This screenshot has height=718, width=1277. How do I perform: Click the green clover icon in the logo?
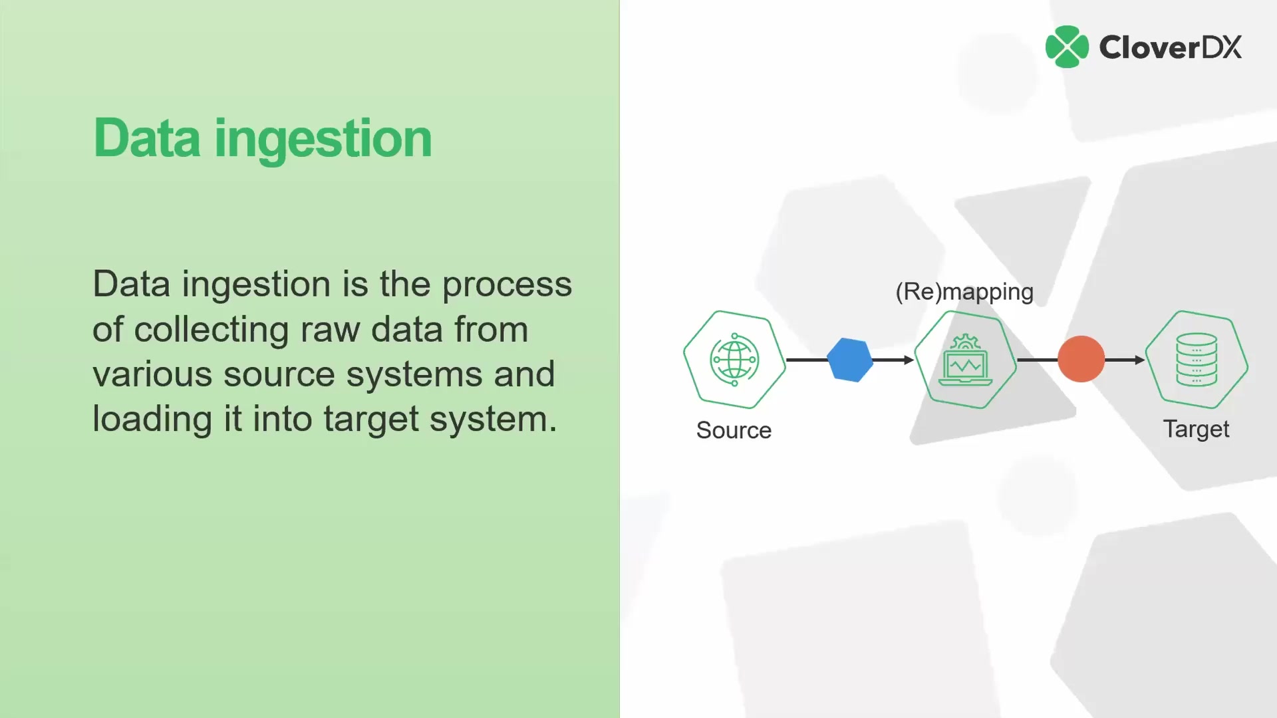coord(1067,47)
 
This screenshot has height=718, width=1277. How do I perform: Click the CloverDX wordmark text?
coord(1170,47)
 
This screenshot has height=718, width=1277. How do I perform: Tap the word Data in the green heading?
coord(146,138)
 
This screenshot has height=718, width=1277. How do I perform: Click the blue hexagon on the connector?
coord(849,360)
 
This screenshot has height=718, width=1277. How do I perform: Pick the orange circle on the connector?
coord(1081,359)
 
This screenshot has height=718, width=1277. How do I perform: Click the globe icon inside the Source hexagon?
coord(734,360)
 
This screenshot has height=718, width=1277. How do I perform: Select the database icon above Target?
coord(1196,359)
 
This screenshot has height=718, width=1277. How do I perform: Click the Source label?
coord(734,430)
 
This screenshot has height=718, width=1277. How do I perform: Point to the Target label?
coord(1196,429)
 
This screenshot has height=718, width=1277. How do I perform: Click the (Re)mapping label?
coord(964,292)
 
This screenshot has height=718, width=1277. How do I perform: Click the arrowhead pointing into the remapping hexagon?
coord(909,360)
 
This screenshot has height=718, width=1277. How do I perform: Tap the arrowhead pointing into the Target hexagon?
coord(1139,360)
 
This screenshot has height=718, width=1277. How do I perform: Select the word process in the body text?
coord(507,285)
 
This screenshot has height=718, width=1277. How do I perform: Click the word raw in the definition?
coord(330,330)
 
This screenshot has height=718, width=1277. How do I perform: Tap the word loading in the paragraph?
coord(152,419)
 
